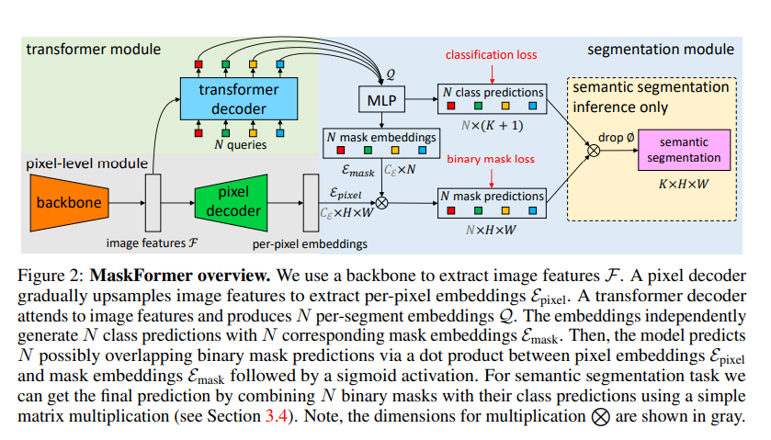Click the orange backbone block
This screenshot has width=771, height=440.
click(74, 200)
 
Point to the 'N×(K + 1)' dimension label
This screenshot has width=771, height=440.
click(490, 126)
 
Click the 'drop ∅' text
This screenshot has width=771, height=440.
click(614, 134)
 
